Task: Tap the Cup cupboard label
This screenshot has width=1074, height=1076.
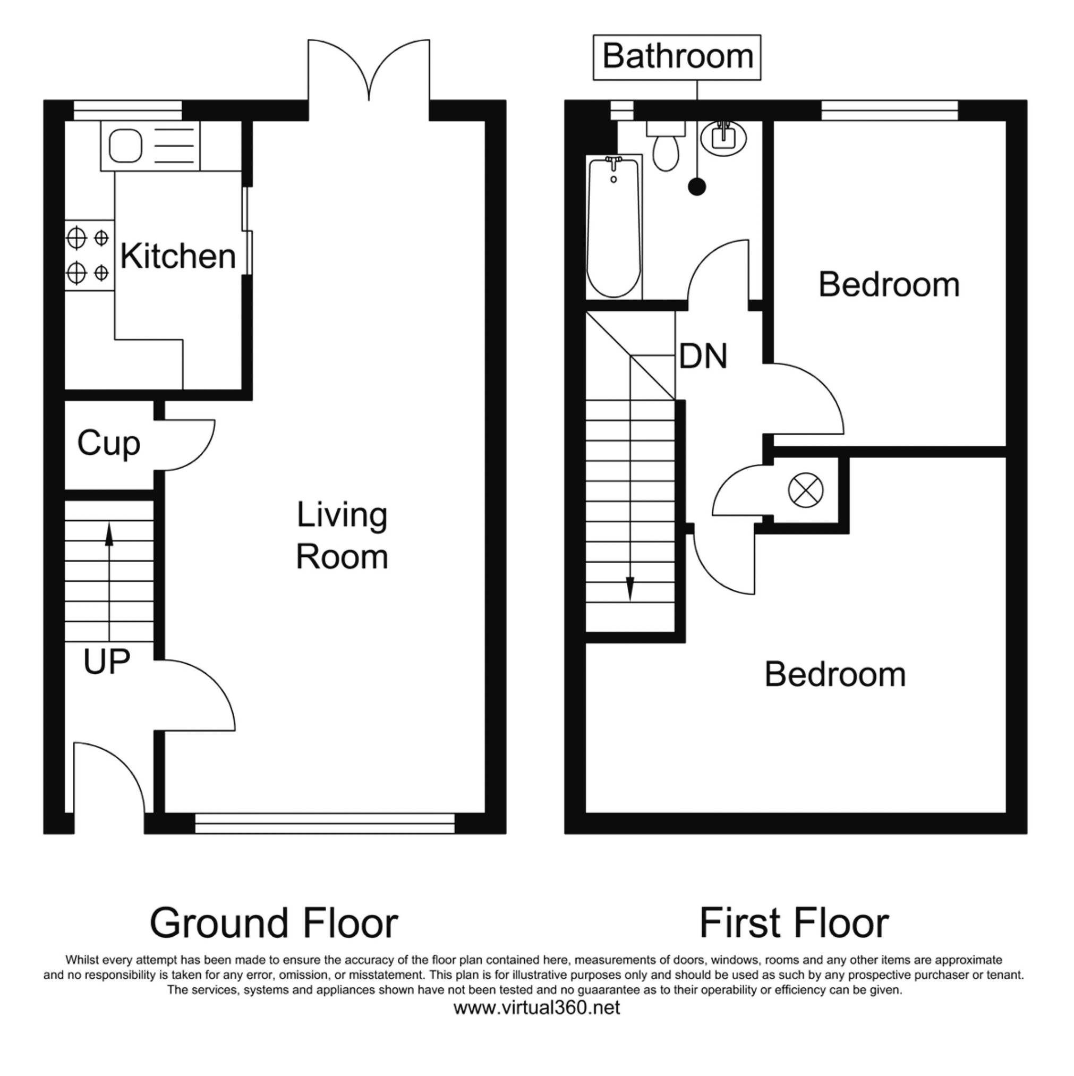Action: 108,444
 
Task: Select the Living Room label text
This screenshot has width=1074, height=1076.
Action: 342,536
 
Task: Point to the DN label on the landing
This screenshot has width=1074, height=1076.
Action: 703,357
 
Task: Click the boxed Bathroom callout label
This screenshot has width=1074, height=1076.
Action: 677,57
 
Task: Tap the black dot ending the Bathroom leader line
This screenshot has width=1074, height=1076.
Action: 697,187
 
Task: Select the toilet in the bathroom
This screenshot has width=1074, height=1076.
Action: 666,146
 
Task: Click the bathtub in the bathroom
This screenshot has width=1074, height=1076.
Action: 614,227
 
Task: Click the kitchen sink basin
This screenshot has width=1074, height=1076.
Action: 125,146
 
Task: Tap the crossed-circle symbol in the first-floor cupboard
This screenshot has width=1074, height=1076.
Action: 806,490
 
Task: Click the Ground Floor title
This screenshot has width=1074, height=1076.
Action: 274,924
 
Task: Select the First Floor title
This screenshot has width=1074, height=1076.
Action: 794,924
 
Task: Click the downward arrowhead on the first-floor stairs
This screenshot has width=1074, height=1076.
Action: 630,589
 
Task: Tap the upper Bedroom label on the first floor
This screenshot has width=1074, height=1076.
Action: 889,285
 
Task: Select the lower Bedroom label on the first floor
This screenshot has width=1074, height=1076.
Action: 835,675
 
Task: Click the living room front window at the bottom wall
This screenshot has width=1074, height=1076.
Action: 325,824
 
